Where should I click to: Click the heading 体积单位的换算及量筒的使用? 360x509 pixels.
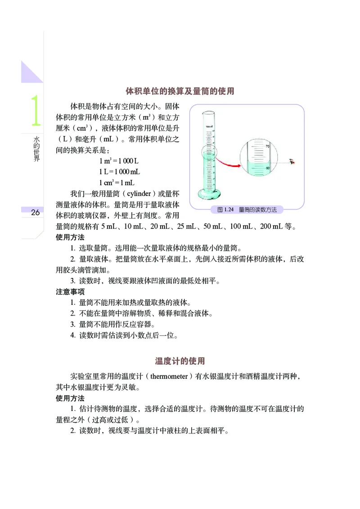[x=180, y=91]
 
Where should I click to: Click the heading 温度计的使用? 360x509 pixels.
[x=180, y=361]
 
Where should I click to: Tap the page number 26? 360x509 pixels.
[x=35, y=213]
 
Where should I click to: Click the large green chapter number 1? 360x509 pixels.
[x=35, y=111]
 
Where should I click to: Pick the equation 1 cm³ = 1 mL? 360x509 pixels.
[x=117, y=183]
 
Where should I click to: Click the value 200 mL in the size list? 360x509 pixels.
[x=269, y=226]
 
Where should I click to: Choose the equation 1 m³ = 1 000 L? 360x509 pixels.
[x=119, y=161]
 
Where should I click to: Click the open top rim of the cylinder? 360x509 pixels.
[x=209, y=112]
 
